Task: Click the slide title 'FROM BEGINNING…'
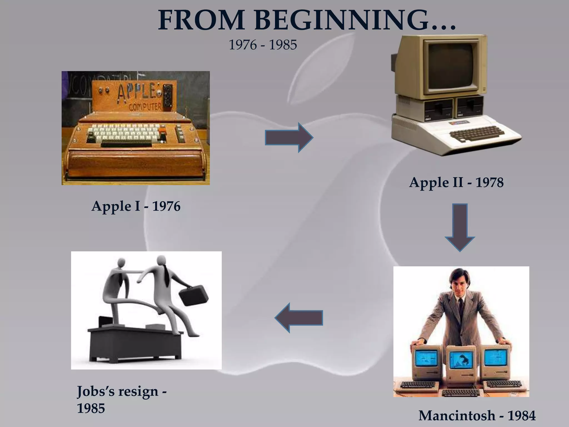point(307,21)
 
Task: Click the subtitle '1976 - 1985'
point(263,45)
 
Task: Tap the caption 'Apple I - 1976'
point(136,207)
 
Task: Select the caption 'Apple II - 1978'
point(456,183)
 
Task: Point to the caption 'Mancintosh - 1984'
point(477,416)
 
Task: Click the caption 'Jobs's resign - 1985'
point(121,399)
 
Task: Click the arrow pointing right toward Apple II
point(289,137)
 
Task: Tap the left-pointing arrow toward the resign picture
point(299,318)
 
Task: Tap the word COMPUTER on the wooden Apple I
point(145,106)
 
